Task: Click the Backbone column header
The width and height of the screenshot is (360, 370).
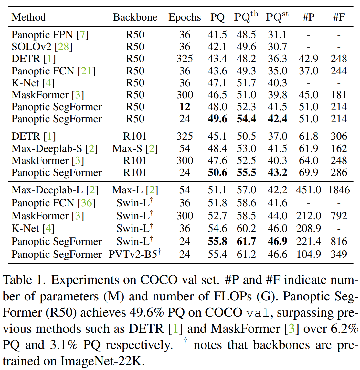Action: tap(135, 17)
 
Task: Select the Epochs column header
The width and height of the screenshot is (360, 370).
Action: tap(185, 17)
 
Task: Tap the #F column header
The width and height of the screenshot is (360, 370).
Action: tap(339, 17)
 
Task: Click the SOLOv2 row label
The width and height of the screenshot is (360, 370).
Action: tap(31, 47)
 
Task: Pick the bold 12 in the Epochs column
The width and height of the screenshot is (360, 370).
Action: tap(185, 107)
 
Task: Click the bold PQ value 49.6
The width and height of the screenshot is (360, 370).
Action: tap(217, 119)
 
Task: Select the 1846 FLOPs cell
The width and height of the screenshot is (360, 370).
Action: tap(339, 190)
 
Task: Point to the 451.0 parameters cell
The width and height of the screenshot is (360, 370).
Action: tap(308, 190)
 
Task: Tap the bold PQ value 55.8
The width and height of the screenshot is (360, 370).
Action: tap(217, 241)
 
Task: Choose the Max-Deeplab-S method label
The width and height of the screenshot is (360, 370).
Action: tap(47, 148)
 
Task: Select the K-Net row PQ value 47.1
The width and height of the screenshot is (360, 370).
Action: tap(217, 83)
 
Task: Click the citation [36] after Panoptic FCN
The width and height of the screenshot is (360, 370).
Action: tap(87, 203)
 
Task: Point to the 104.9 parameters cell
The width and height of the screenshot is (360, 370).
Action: tap(308, 254)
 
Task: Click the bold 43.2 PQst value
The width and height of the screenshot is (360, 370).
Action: tap(277, 172)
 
